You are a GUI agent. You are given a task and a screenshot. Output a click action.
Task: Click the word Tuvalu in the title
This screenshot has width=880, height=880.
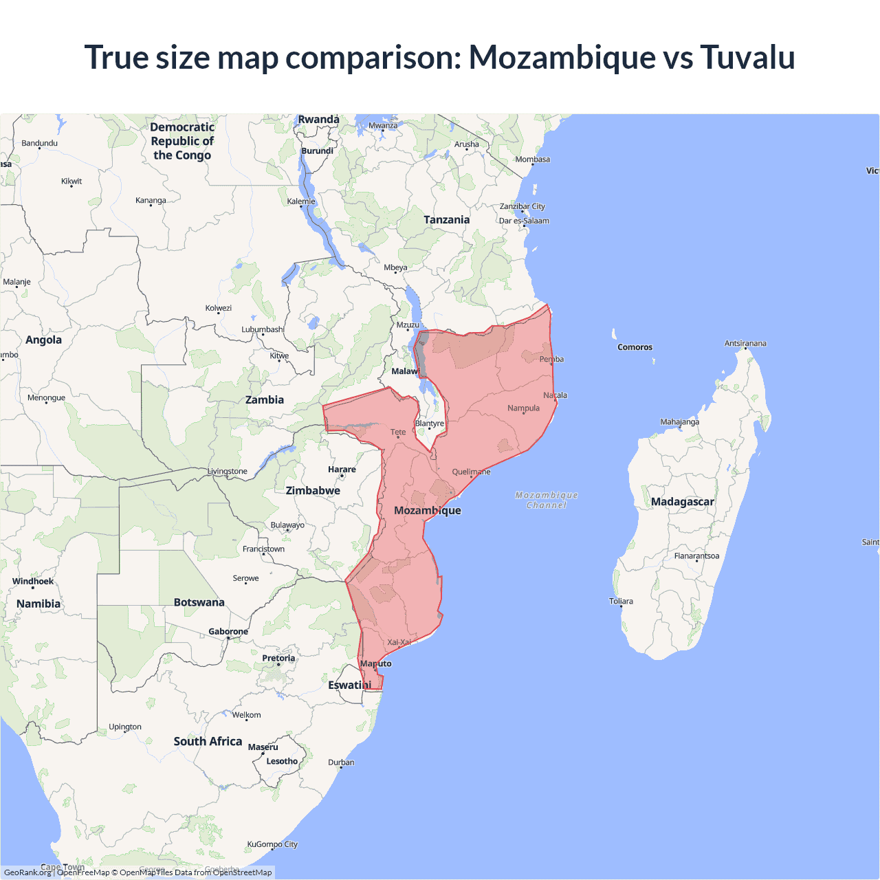click(747, 57)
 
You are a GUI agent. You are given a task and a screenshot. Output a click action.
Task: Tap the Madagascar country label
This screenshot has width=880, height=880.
click(682, 502)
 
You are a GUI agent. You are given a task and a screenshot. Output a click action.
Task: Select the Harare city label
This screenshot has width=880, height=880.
click(342, 470)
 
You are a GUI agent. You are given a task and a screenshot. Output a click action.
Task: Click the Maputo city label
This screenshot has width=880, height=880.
click(376, 663)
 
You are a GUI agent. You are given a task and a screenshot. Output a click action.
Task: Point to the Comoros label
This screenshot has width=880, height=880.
click(635, 347)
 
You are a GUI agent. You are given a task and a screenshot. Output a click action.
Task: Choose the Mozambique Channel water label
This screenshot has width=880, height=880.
click(547, 500)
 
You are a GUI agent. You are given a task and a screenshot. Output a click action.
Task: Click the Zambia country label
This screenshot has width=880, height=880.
click(265, 400)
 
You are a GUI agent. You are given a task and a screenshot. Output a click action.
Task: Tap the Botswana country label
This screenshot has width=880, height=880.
click(199, 602)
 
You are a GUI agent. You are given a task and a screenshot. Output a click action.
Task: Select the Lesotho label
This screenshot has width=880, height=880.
click(282, 761)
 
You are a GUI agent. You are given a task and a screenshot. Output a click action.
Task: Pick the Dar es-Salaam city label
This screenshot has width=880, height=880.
click(524, 221)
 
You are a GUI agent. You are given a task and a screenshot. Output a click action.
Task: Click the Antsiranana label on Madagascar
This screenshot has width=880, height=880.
click(745, 343)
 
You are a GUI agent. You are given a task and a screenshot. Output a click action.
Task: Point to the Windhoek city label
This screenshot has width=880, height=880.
click(33, 582)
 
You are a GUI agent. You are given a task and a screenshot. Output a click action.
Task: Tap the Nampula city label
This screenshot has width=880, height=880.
click(523, 408)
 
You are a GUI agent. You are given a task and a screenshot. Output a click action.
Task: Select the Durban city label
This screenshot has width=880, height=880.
click(341, 762)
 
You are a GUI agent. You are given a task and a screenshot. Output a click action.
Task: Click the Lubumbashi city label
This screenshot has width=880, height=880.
click(263, 329)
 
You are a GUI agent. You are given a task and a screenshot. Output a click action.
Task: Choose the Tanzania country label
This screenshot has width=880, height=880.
click(446, 220)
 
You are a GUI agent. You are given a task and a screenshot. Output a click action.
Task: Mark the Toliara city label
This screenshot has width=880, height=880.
click(621, 602)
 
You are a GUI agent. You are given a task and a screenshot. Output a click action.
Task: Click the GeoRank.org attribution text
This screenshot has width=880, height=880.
click(27, 872)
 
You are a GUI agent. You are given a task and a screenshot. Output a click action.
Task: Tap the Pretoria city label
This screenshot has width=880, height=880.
click(278, 659)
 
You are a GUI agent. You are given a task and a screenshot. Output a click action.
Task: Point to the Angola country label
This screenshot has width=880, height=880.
click(43, 340)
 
